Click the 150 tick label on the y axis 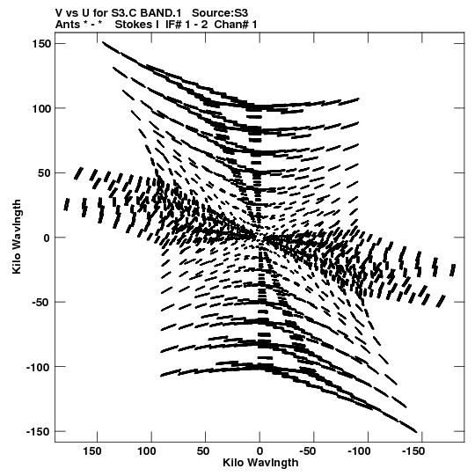point(41,44)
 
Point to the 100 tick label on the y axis point(41,108)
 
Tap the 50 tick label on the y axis point(45,173)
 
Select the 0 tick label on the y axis point(47,238)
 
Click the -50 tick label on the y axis point(41,303)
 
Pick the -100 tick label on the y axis point(38,367)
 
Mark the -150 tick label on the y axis point(38,432)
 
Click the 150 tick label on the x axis point(92,451)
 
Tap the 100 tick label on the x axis point(146,451)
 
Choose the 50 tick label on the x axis point(202,451)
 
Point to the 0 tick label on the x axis point(259,451)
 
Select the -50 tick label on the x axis point(308,451)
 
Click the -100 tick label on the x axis point(359,451)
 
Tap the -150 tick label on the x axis point(413,451)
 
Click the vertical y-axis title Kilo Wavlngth point(17,237)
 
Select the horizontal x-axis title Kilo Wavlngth point(260,463)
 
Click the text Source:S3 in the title point(220,13)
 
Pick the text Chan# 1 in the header point(236,25)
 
